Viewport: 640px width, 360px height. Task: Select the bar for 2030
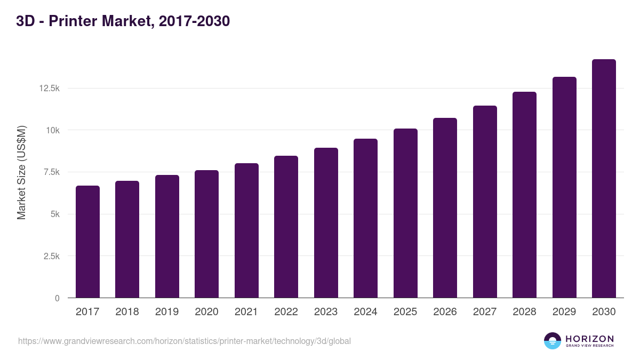(x=604, y=179)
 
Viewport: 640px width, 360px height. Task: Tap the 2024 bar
(x=365, y=218)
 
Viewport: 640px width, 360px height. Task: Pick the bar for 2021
(x=246, y=230)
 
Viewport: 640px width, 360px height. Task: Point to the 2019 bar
(x=167, y=236)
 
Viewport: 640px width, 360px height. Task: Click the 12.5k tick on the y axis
(x=49, y=88)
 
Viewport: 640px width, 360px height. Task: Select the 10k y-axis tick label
(x=52, y=130)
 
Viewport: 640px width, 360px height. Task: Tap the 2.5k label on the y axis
(x=51, y=256)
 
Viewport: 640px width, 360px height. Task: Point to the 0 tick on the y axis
(x=57, y=298)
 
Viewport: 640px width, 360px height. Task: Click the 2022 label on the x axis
(x=286, y=312)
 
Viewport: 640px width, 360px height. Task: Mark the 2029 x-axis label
(x=564, y=312)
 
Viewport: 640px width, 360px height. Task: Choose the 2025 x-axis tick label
(x=405, y=312)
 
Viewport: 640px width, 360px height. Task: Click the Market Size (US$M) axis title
(x=21, y=172)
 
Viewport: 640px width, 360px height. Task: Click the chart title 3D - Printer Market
(x=123, y=22)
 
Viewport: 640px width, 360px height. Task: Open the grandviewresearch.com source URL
(x=185, y=341)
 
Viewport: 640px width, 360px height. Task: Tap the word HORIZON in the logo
(x=589, y=338)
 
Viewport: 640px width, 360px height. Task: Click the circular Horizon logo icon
(x=553, y=341)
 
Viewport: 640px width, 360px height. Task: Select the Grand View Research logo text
(x=589, y=346)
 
